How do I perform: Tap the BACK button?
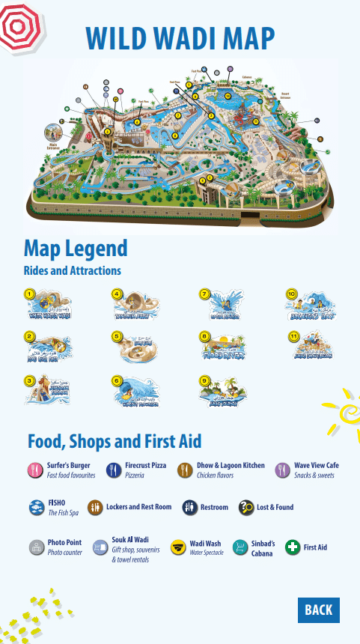click(x=318, y=610)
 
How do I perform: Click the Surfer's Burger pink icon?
click(x=34, y=470)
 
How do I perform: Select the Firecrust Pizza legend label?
click(x=145, y=466)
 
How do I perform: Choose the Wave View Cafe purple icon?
click(x=282, y=470)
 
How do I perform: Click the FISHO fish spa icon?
click(x=35, y=507)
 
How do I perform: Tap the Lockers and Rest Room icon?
click(x=94, y=507)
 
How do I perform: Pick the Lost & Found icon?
click(x=245, y=507)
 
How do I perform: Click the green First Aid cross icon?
click(x=293, y=547)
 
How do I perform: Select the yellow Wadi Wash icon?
click(x=177, y=547)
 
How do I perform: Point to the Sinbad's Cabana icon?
click(x=240, y=547)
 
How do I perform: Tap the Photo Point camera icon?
click(x=35, y=547)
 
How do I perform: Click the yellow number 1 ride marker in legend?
click(x=29, y=294)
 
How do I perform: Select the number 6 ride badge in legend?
click(x=117, y=380)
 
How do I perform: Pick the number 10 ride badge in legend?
click(x=292, y=294)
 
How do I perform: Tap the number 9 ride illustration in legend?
click(x=227, y=391)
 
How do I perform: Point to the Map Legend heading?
click(x=76, y=248)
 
